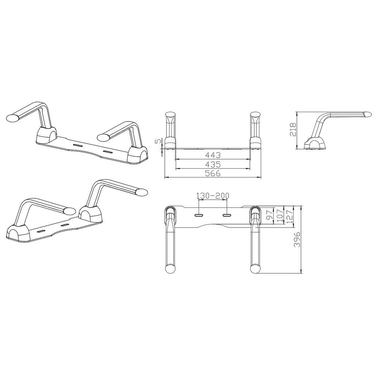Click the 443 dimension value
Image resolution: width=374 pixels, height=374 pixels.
[x=213, y=154]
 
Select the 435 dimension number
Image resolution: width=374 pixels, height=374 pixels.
[x=213, y=164]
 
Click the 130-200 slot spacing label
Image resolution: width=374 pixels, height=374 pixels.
[x=213, y=196]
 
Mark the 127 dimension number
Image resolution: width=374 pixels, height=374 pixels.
[x=290, y=216]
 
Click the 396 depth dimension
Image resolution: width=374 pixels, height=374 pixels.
[x=297, y=239]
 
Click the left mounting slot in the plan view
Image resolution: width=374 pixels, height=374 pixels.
[x=199, y=215]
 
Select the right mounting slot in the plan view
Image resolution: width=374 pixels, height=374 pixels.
[x=227, y=215]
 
